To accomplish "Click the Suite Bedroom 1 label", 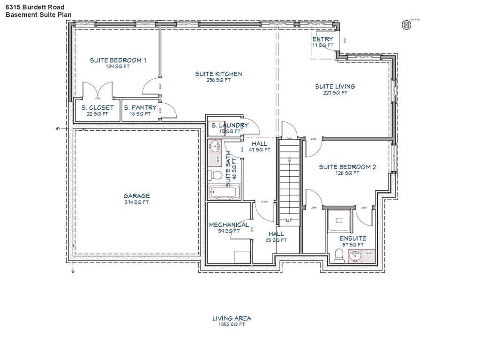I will tap(118, 60).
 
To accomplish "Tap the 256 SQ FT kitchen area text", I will tap(218, 80).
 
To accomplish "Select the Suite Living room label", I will tap(335, 86).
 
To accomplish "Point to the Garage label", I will tap(136, 196).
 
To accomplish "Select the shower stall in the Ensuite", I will tap(338, 221).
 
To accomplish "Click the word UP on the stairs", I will tap(289, 220).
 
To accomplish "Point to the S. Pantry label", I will tap(140, 107).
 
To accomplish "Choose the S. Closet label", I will tap(97, 107).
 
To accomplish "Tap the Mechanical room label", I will tap(229, 225).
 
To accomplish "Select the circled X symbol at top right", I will tap(406, 25).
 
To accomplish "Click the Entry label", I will tap(323, 39).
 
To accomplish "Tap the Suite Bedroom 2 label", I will tap(347, 167).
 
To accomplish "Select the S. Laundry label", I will tap(230, 125).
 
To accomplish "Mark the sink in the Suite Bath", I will tap(214, 146).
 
